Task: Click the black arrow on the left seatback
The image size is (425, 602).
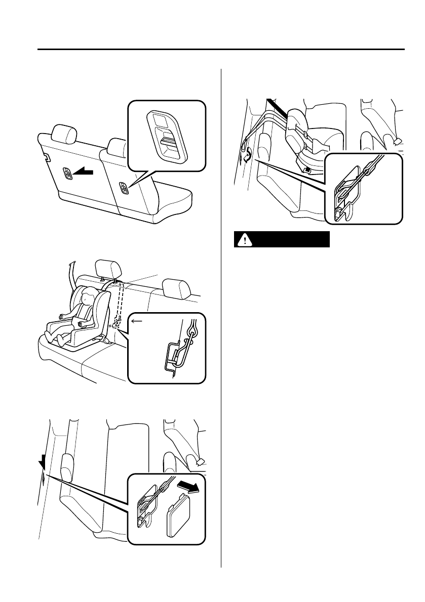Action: coord(82,174)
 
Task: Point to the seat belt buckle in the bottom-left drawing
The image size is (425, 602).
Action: coord(198,461)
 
